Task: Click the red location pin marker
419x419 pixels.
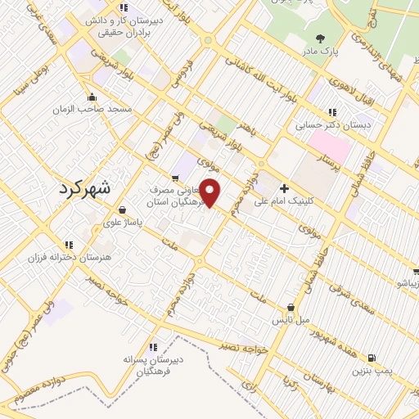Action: click(x=210, y=193)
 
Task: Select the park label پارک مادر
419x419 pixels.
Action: click(x=320, y=51)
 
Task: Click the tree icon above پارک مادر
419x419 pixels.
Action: click(x=320, y=38)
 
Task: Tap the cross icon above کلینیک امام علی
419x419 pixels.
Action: click(x=284, y=187)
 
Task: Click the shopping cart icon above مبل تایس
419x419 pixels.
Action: click(x=291, y=306)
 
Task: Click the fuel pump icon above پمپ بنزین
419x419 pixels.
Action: click(x=372, y=358)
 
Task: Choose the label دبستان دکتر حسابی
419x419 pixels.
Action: click(x=328, y=126)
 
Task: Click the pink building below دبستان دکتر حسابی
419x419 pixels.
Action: click(x=330, y=147)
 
